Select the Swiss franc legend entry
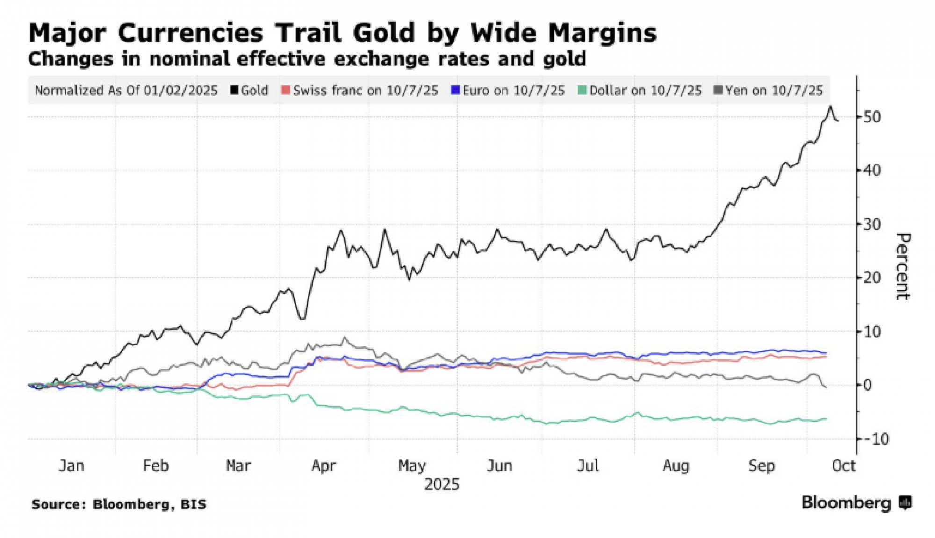(x=360, y=90)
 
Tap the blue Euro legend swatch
(x=455, y=90)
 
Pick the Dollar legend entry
(x=640, y=90)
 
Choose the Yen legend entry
(x=769, y=90)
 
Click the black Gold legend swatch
(x=235, y=90)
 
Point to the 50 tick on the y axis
(x=872, y=117)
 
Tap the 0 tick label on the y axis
(x=868, y=385)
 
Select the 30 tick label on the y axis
(x=872, y=224)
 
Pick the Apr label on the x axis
(x=324, y=466)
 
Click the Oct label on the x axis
(x=844, y=466)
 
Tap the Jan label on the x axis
(x=72, y=466)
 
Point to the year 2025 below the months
(x=442, y=484)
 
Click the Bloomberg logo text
(x=846, y=503)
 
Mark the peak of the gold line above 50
(x=830, y=107)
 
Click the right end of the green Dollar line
(x=826, y=418)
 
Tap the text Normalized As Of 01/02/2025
(x=126, y=90)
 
